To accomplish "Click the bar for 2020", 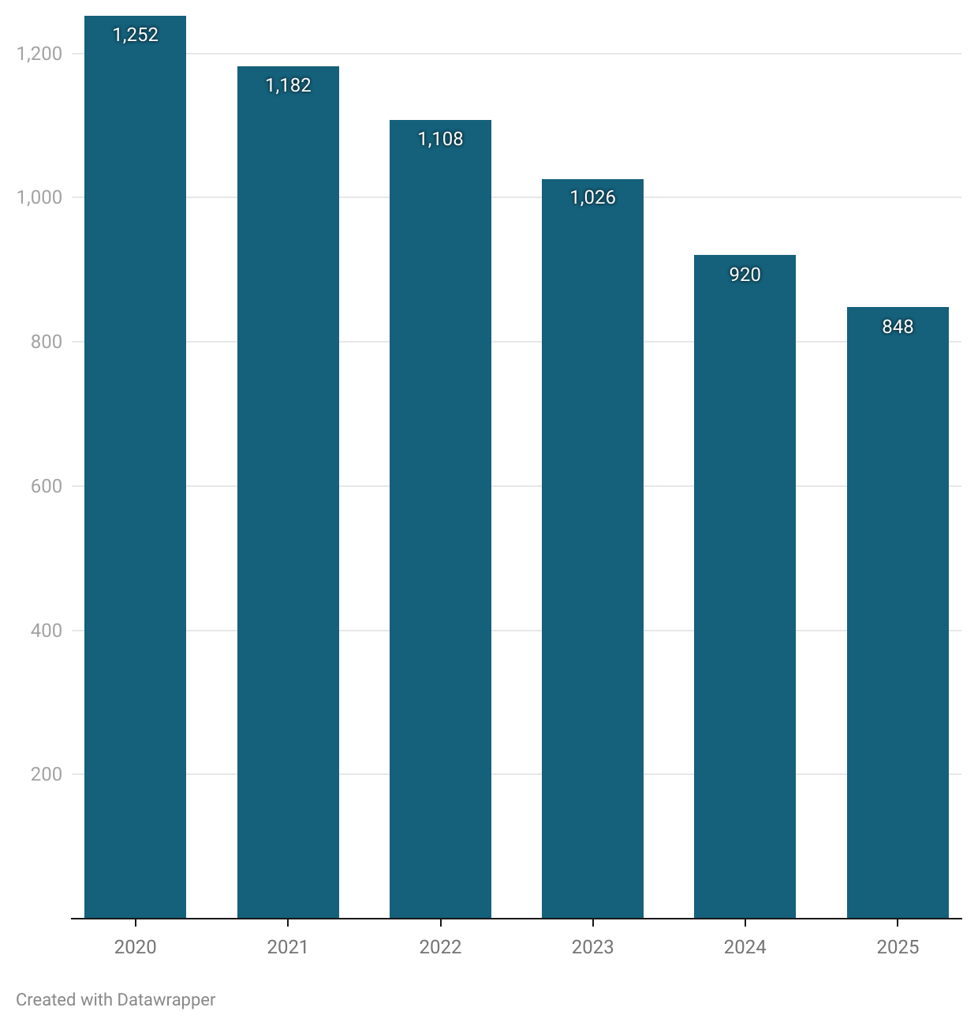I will (135, 474).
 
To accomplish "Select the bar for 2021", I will (288, 497).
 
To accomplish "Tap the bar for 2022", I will (440, 521).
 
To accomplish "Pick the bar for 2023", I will (592, 552).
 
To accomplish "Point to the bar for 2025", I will (898, 616).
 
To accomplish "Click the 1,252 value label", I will (136, 35).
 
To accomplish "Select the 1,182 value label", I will (288, 85).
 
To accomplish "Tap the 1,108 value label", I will (440, 139).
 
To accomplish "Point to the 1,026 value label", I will (592, 197).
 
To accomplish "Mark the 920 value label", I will (745, 275).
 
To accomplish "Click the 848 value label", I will (898, 327).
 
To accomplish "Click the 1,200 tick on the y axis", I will (39, 54).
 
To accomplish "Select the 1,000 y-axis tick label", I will (39, 197).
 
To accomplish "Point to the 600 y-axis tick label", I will (47, 486).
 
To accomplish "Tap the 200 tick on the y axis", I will (47, 774).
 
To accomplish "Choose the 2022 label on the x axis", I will (440, 947).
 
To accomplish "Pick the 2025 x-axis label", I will (898, 947).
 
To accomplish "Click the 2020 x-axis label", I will (135, 947).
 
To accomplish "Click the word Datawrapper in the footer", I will (166, 1000).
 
